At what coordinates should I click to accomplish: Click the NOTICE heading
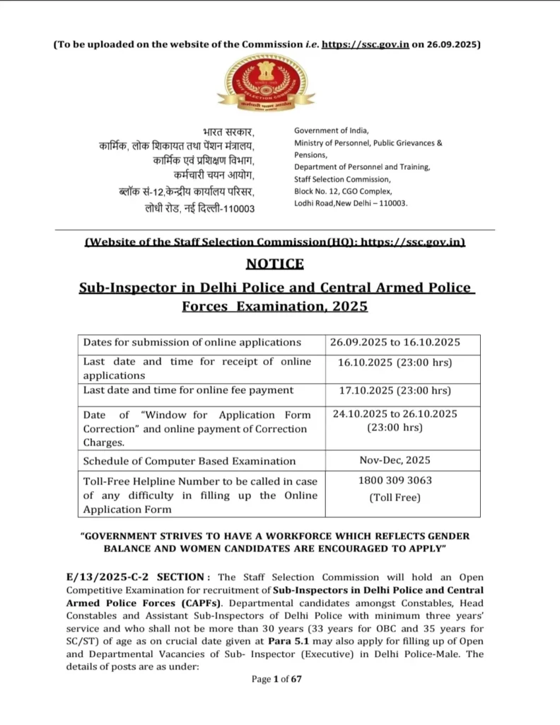pos(275,264)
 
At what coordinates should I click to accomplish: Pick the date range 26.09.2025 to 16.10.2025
pos(395,343)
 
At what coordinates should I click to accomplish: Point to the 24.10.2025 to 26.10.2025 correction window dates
pos(395,414)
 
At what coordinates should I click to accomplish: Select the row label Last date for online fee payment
pos(187,390)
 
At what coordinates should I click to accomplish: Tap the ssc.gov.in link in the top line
pos(366,45)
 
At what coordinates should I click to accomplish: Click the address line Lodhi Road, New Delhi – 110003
pos(351,203)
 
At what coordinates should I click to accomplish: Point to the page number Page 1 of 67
pos(276,680)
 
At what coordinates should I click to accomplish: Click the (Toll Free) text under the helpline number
pos(395,497)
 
